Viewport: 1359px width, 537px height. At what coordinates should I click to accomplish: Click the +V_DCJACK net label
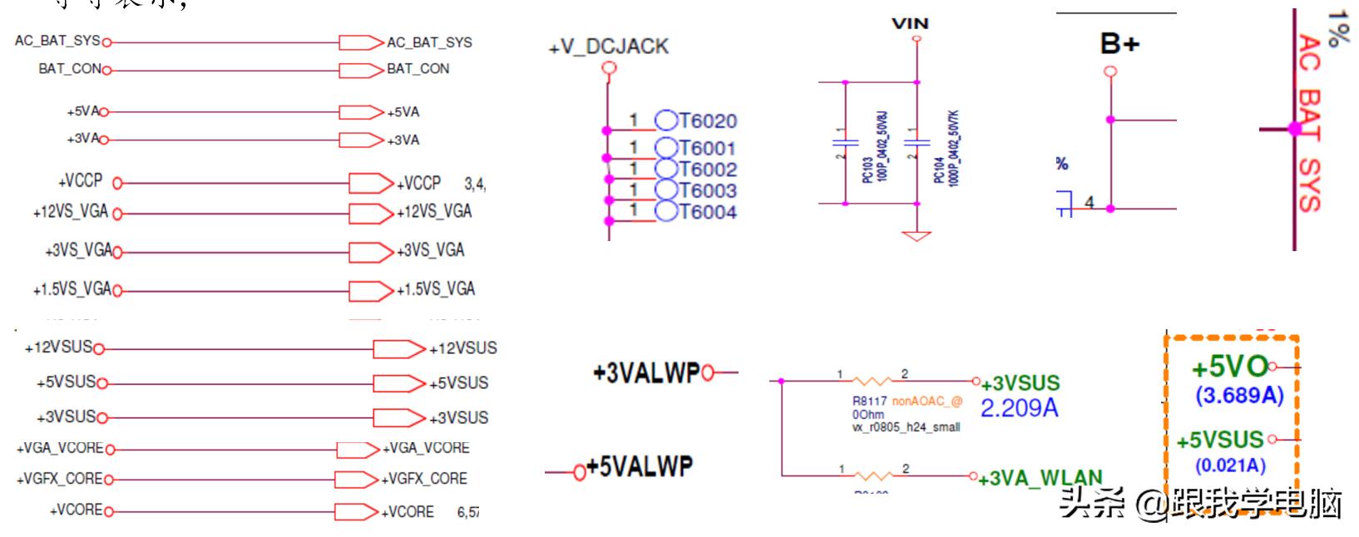coord(609,47)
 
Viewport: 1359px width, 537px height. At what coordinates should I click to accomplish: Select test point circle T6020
coord(666,121)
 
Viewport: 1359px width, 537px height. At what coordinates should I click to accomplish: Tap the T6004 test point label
coord(708,212)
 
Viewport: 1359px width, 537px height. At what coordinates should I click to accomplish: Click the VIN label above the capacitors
coord(909,23)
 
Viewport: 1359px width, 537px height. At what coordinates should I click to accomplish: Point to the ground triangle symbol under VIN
coord(917,235)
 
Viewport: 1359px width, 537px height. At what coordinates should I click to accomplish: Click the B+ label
coord(1119,43)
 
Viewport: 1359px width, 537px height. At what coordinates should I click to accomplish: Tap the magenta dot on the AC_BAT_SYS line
coord(1294,129)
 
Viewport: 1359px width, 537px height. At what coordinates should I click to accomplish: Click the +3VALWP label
coord(646,373)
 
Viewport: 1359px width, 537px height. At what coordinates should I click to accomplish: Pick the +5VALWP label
coord(639,467)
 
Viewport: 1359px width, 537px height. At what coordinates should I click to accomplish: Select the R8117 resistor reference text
coord(869,402)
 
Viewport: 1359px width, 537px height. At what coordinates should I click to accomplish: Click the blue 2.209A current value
coord(1019,408)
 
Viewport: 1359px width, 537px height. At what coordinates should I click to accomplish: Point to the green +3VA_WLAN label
coord(1040,479)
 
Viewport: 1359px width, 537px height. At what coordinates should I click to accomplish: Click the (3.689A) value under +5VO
coord(1239,396)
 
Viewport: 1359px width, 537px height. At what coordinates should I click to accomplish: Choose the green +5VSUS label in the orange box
coord(1219,440)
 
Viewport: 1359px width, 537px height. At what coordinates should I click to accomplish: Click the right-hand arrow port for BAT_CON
coord(361,70)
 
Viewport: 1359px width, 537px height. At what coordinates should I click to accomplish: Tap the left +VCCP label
coord(80,181)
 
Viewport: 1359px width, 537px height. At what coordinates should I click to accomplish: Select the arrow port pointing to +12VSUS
coord(398,349)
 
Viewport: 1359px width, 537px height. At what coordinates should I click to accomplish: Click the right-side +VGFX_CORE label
coord(424,479)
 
